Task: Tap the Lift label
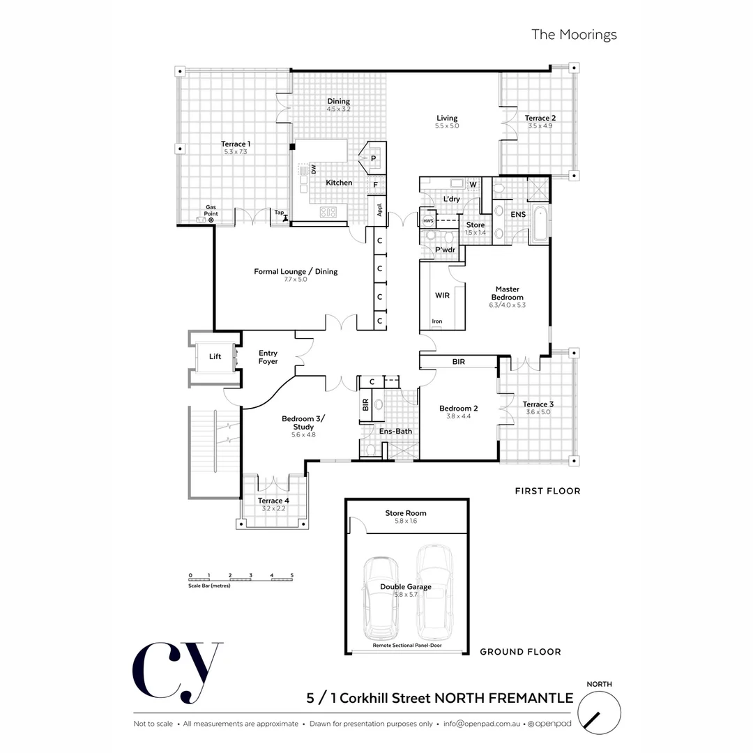215,356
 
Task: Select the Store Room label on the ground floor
406,513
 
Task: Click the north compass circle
599,715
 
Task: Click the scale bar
241,579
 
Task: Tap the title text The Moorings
574,34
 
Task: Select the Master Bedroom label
507,293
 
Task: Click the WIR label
442,295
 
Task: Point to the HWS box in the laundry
428,221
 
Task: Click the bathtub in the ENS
541,225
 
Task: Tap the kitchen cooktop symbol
328,213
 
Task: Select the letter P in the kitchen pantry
374,159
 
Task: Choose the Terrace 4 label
273,501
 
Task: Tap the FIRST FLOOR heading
547,491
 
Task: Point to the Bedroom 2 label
458,409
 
